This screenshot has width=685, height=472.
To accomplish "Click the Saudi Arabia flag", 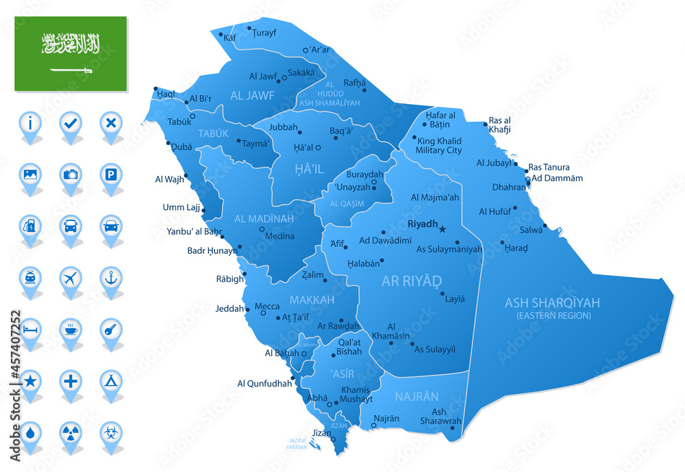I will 71,53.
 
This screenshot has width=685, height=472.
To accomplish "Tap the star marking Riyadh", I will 443,228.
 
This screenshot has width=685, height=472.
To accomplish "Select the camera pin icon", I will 71,174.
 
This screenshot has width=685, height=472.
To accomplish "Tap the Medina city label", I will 279,237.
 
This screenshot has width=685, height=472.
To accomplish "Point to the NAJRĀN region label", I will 416,397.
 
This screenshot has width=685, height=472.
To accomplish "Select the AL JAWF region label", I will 252,96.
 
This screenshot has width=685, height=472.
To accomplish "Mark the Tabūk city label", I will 179,122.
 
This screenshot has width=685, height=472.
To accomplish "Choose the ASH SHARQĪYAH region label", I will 552,302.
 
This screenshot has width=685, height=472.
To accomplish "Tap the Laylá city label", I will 455,299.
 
